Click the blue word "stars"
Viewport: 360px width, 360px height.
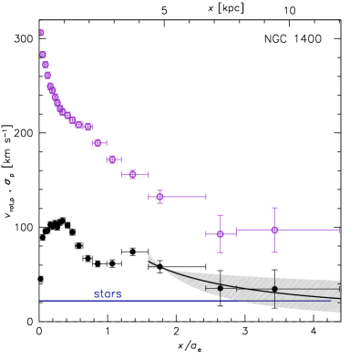pos(108,294)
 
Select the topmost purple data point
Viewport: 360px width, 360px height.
pos(42,33)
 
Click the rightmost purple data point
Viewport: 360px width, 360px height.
pos(274,230)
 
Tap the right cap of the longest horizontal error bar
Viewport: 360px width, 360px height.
pos(339,230)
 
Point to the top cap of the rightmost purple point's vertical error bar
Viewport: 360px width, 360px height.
pos(274,209)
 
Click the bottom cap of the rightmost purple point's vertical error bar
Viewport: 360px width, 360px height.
pos(274,251)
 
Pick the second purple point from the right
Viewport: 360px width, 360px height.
pos(220,234)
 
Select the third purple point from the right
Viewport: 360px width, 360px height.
pos(159,196)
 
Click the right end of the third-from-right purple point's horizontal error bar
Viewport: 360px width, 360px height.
pos(206,196)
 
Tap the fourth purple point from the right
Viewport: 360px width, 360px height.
pos(133,174)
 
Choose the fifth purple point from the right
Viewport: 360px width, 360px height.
pos(112,159)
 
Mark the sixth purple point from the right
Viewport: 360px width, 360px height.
pos(98,143)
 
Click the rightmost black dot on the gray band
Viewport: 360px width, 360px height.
pos(274,289)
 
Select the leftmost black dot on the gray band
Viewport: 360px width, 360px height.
pos(220,288)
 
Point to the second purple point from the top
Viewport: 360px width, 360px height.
pos(43,55)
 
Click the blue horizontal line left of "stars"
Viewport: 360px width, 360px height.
pos(64,301)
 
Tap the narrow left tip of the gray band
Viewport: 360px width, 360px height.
pos(149,260)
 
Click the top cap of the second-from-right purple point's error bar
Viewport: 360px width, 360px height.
pos(220,216)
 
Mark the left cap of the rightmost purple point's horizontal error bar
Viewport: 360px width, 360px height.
pos(236,230)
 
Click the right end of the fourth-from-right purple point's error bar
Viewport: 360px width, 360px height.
pos(148,174)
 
